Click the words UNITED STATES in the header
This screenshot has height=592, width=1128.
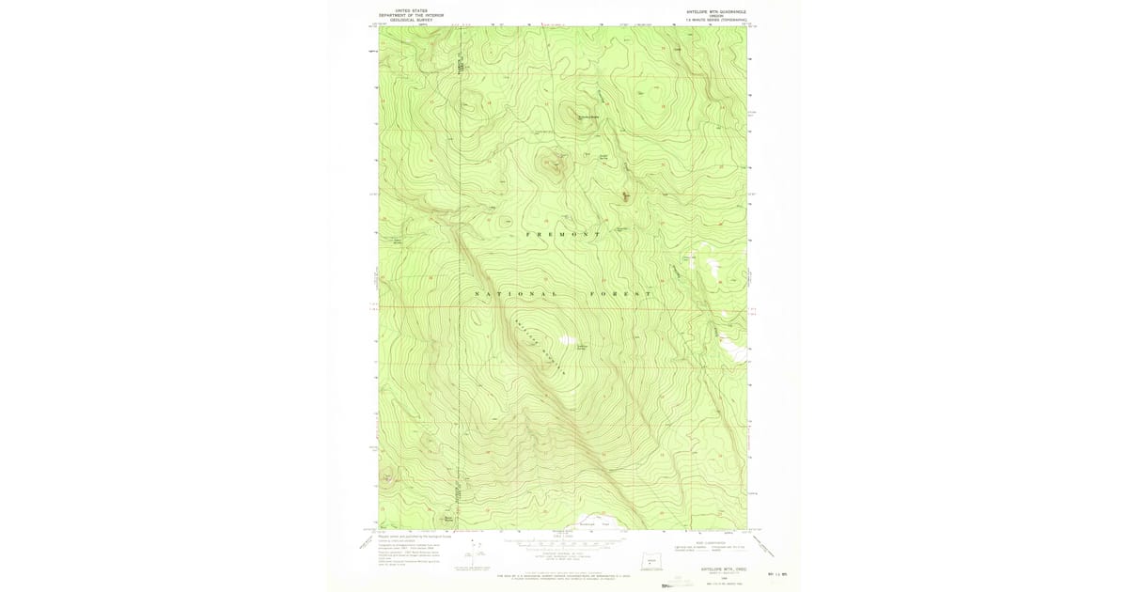pyautogui.click(x=411, y=10)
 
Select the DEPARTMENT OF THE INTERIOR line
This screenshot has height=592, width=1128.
pyautogui.click(x=411, y=15)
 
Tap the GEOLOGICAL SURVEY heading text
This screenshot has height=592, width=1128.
pyautogui.click(x=411, y=20)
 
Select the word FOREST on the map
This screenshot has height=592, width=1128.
pyautogui.click(x=620, y=294)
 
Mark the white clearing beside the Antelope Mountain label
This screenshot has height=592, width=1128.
pyautogui.click(x=567, y=340)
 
